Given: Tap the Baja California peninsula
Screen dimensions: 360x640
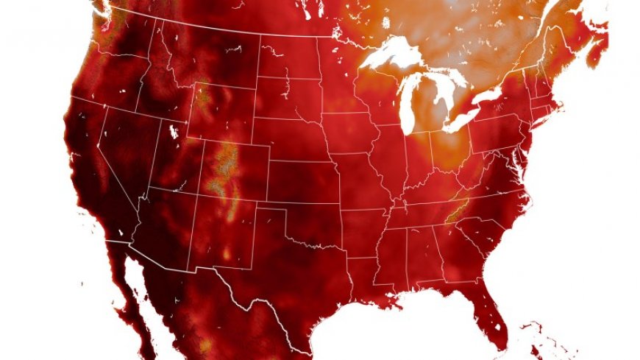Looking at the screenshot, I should (x=136, y=294).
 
